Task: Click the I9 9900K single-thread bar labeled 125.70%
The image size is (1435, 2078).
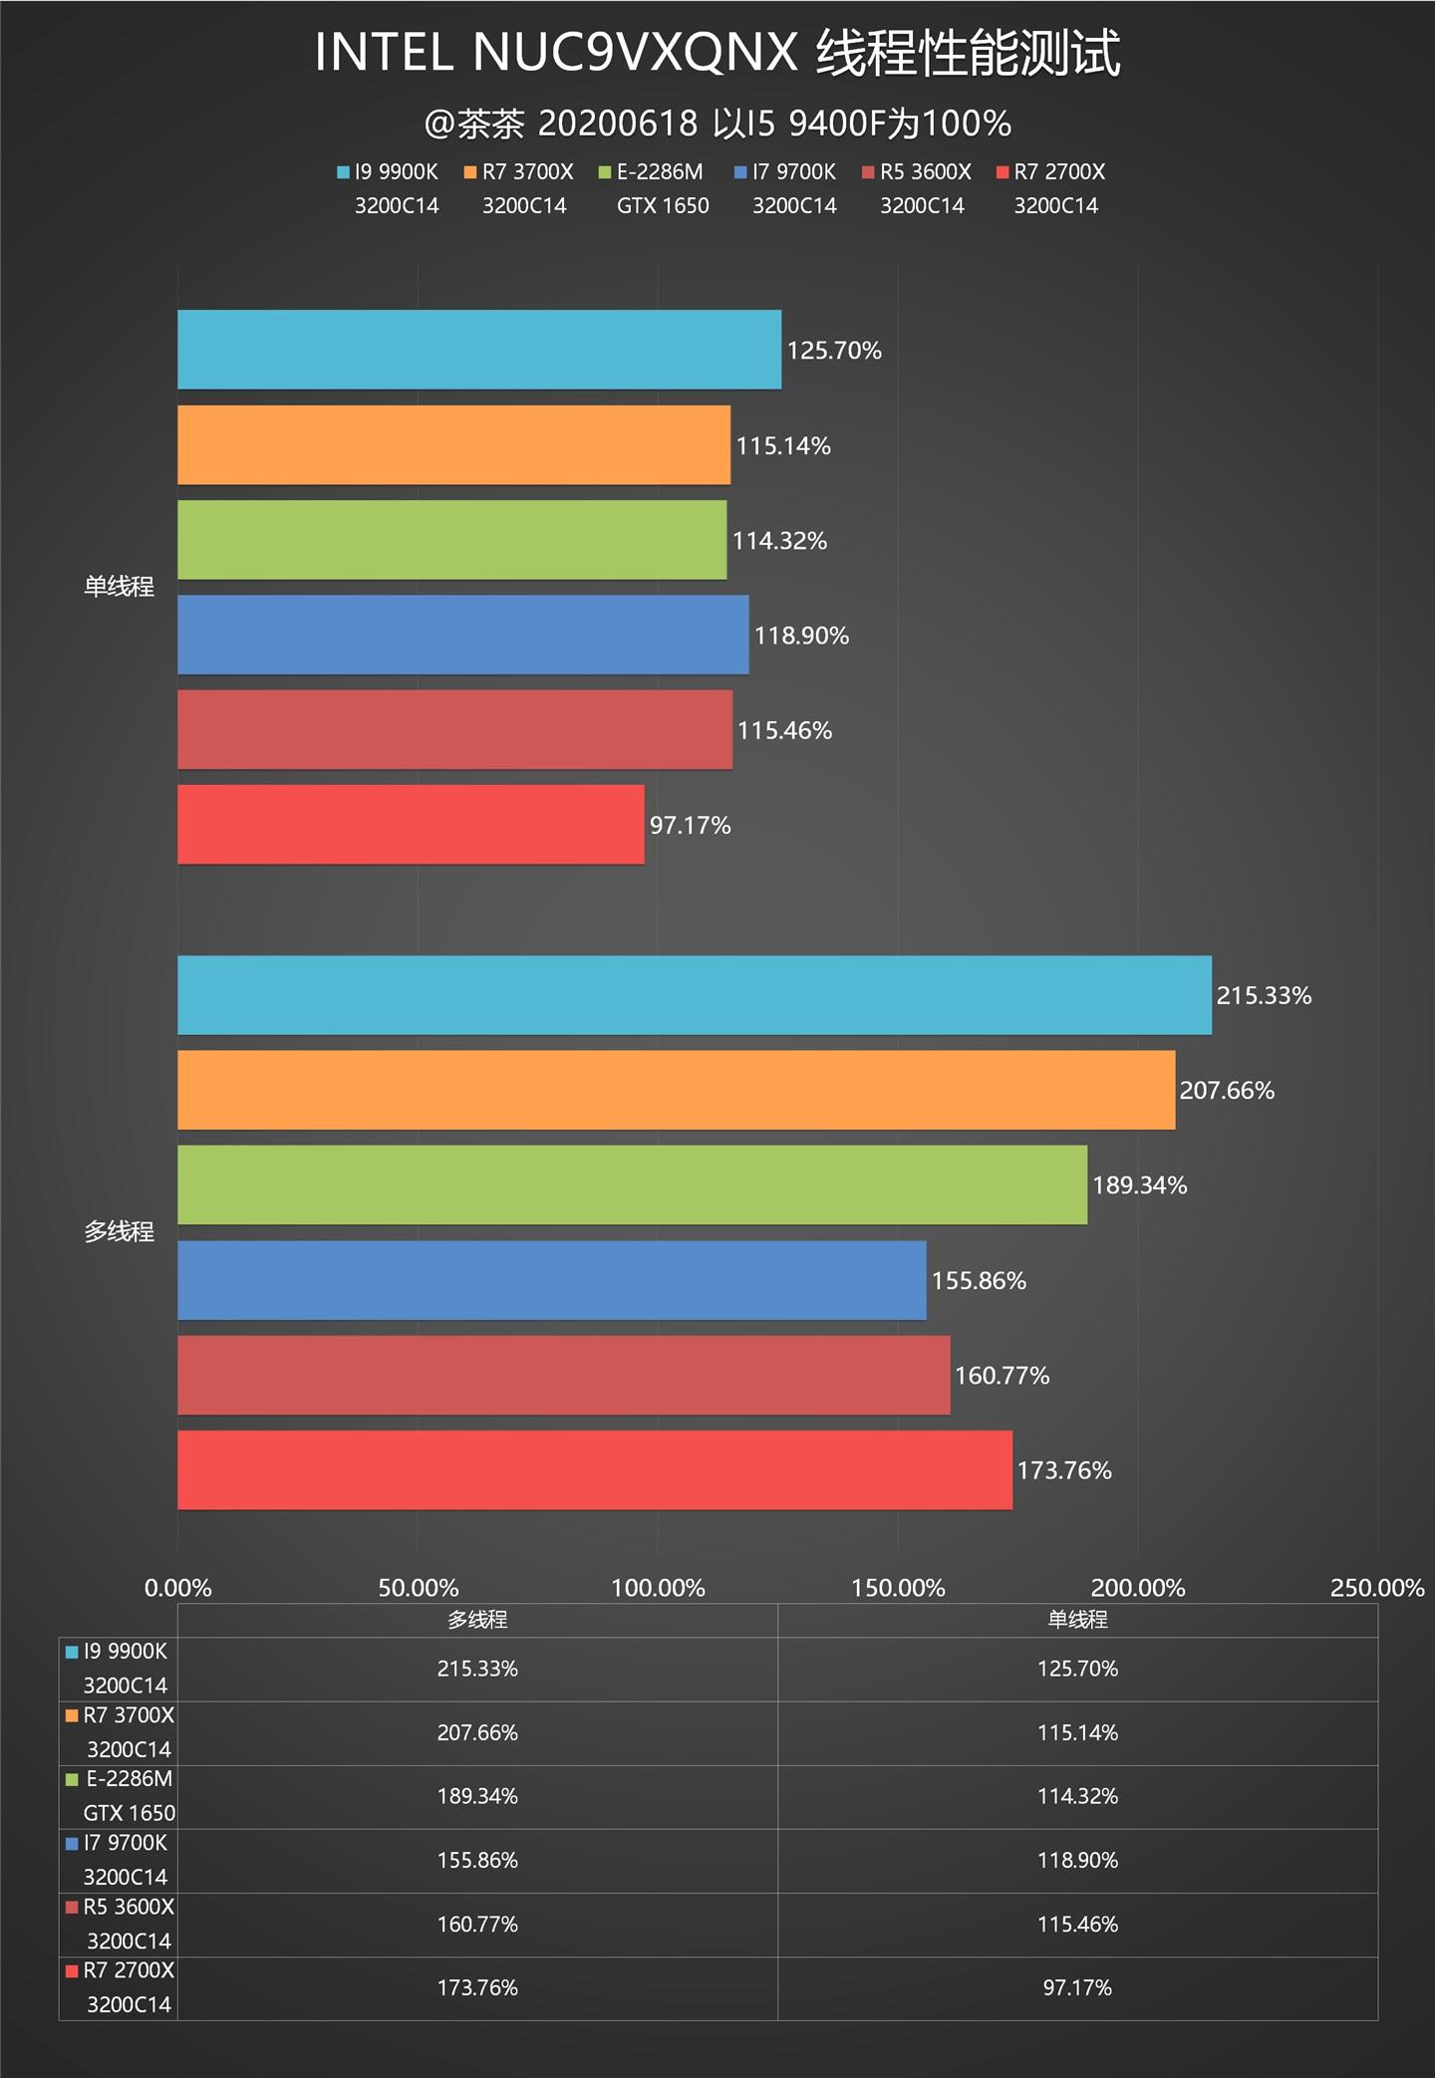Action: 478,350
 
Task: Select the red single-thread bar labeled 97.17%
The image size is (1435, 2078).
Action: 411,825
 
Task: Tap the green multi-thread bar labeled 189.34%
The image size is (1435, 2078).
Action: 632,1184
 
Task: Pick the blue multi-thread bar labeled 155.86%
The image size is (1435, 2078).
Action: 551,1280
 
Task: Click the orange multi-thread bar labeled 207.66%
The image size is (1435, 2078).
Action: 676,1090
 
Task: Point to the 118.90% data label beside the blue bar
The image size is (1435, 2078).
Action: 801,636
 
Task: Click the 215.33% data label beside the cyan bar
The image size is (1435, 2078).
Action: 1264,995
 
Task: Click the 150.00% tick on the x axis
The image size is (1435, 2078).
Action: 898,1588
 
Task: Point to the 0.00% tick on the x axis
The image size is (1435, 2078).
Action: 177,1588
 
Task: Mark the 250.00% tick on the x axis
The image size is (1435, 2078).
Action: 1377,1588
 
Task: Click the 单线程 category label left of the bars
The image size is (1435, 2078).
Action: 119,587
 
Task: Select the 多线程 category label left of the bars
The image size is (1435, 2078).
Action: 119,1232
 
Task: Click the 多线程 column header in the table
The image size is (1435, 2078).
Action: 477,1620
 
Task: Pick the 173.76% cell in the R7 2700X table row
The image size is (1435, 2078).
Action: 477,1987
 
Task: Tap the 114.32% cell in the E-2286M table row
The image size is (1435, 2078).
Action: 1077,1796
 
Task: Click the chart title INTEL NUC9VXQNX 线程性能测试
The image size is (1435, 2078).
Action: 717,53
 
